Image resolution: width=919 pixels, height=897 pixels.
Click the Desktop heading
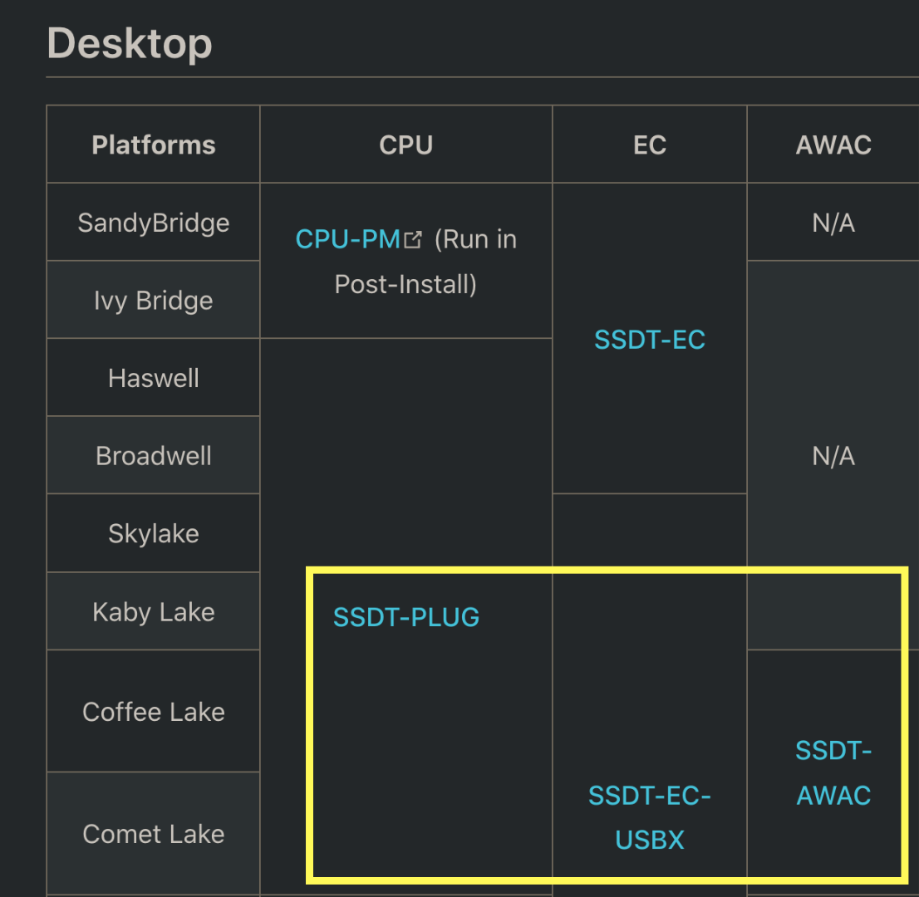(x=129, y=43)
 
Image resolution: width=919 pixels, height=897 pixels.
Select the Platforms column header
(x=154, y=145)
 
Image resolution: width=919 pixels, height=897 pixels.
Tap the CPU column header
(x=405, y=145)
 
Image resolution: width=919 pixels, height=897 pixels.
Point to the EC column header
(x=649, y=145)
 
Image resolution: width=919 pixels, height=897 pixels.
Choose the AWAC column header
(x=833, y=145)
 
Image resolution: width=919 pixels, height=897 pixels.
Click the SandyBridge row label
(x=154, y=223)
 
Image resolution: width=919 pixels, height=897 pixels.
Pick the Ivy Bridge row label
(x=154, y=300)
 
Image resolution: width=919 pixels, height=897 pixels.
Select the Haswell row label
(x=154, y=378)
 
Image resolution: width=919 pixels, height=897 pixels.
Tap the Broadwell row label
(x=154, y=456)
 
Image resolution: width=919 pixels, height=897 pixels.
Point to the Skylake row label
(x=154, y=533)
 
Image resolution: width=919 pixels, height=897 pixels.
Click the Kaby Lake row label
(x=154, y=612)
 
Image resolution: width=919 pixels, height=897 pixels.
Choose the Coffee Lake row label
(x=154, y=712)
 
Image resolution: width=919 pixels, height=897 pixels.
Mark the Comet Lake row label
(x=154, y=834)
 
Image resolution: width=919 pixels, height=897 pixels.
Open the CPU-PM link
(x=348, y=239)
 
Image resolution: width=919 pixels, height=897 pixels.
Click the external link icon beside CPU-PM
(x=413, y=240)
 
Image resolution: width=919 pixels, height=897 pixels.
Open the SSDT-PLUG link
(x=406, y=617)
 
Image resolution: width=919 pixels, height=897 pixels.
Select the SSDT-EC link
(x=650, y=340)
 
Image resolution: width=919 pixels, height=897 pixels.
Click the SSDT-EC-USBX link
(x=650, y=818)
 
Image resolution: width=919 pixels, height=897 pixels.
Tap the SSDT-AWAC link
(x=833, y=773)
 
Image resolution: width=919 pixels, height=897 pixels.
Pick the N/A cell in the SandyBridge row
(x=833, y=223)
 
